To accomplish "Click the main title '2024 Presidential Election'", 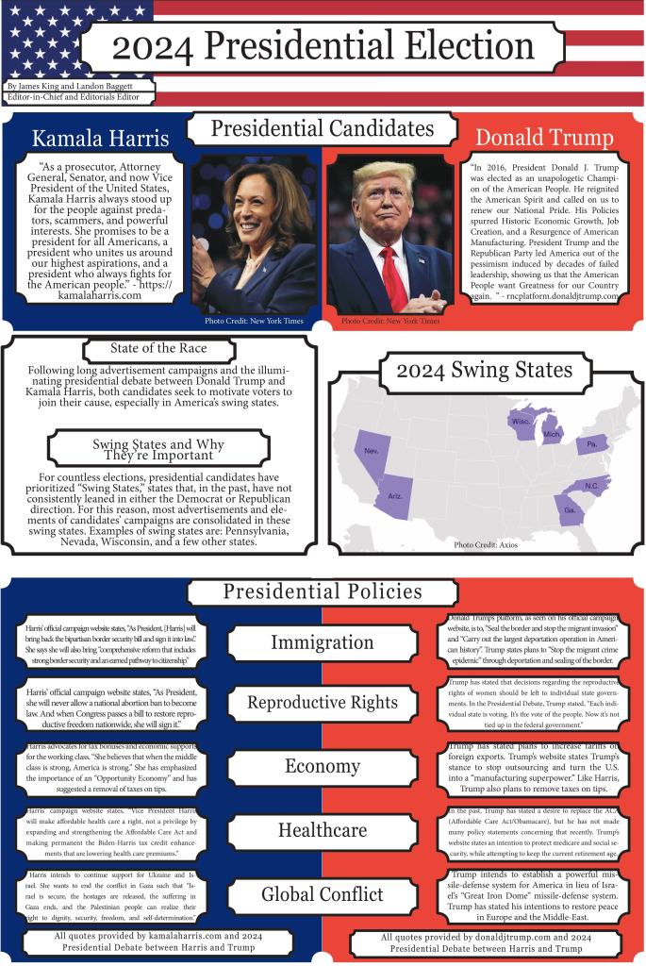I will tap(323, 46).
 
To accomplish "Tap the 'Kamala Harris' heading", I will tap(101, 139).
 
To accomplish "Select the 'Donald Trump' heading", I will tap(543, 139).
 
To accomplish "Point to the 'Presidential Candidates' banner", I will tap(322, 129).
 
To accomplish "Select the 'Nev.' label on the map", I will tap(373, 452).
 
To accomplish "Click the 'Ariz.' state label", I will tap(396, 496).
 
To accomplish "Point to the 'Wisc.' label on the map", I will tap(521, 423).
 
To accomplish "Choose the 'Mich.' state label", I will tap(552, 436).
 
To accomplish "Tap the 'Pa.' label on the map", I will tap(591, 443).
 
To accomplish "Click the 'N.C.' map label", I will tap(591, 486).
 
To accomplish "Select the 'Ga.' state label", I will tap(570, 509).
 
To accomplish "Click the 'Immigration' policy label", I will tap(322, 642).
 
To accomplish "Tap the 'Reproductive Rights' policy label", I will tap(322, 703).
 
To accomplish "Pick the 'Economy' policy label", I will tap(322, 766).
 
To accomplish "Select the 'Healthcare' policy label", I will tap(322, 830).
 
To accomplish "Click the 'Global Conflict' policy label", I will tap(322, 893).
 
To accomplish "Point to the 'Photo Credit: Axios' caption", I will tap(486, 545).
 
